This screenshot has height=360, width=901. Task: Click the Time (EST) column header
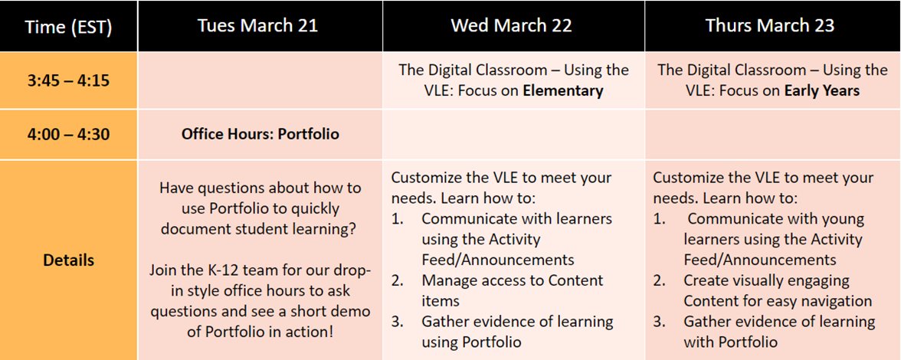tap(68, 27)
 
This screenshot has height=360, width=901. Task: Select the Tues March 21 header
tap(257, 25)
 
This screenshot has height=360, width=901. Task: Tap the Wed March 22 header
tap(511, 25)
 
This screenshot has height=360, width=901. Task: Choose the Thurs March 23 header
tap(769, 25)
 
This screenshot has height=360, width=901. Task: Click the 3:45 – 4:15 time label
tap(68, 80)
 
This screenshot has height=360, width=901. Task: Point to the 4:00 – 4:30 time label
tap(68, 134)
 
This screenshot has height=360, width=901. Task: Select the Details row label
tap(68, 260)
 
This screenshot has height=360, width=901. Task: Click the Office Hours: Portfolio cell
tap(260, 134)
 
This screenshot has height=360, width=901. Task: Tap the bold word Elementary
tap(563, 90)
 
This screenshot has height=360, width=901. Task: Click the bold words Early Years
tap(821, 90)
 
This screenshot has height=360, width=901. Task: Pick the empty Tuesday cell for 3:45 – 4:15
tap(260, 80)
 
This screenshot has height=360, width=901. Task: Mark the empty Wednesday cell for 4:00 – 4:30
tap(513, 134)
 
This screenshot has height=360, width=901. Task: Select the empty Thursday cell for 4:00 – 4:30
tap(772, 134)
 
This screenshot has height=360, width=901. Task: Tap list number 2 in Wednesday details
tap(398, 280)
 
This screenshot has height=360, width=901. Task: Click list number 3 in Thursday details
tap(660, 321)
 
